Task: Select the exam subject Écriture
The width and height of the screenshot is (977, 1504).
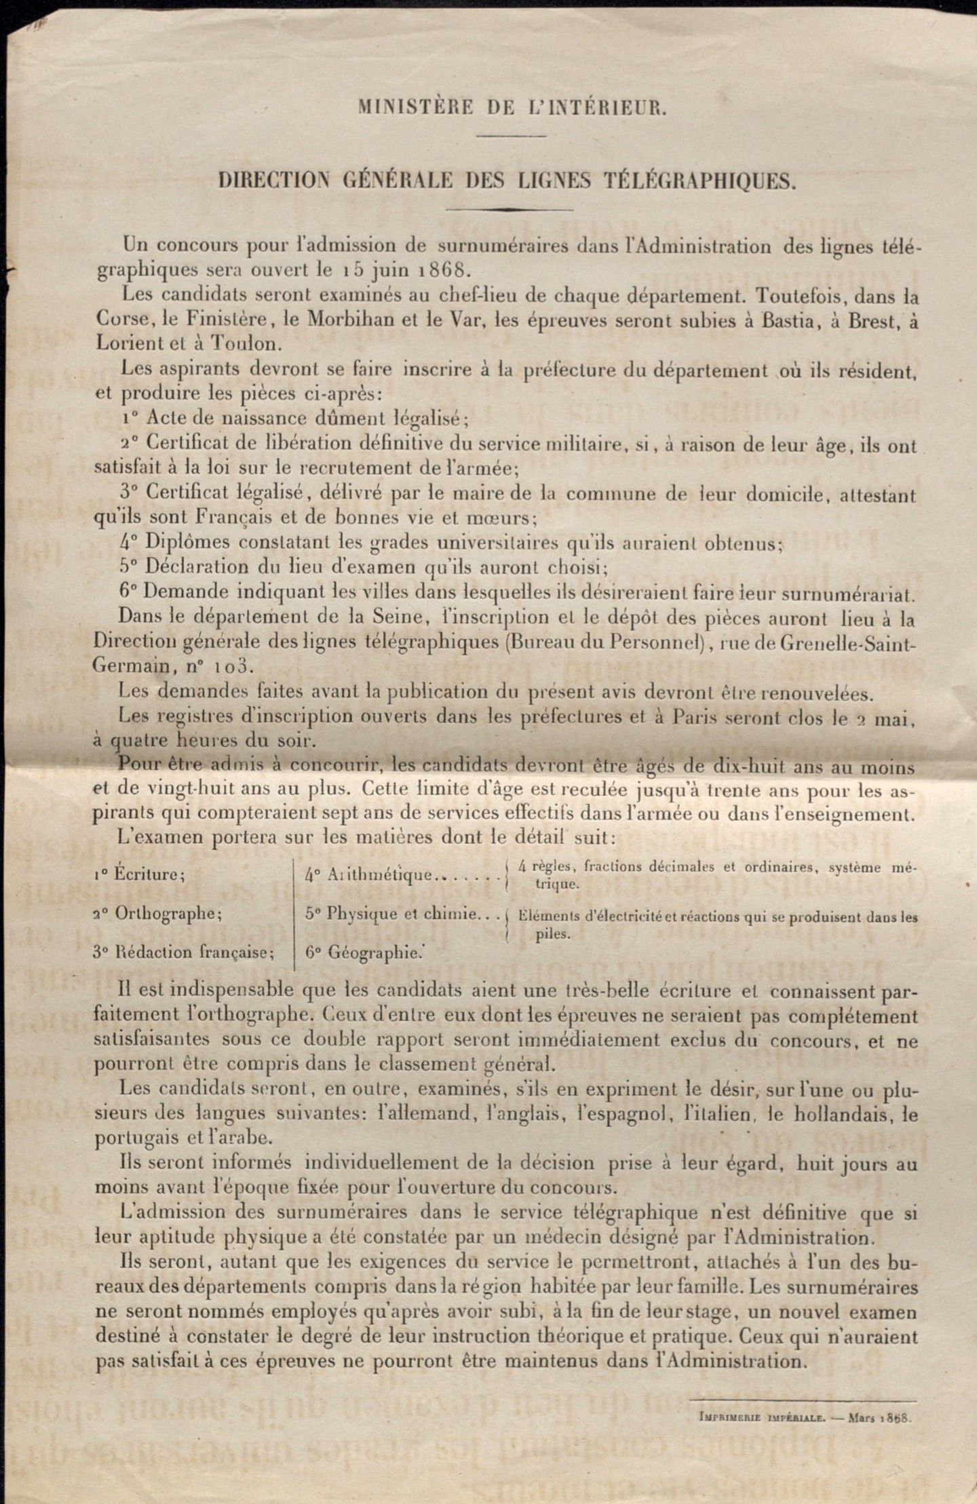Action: coord(149,874)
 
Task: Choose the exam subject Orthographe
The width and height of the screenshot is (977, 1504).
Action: coord(167,913)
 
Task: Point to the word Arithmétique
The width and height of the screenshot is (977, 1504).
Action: coord(381,874)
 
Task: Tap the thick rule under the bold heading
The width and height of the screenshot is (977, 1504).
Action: coord(510,210)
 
